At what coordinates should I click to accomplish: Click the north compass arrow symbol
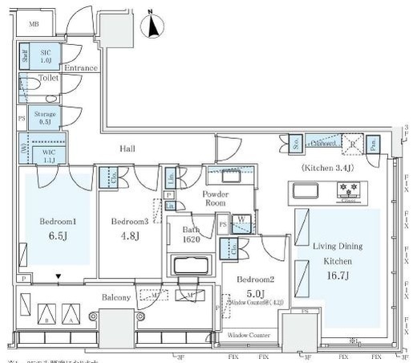[x=150, y=27]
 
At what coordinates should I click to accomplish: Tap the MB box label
[x=34, y=24]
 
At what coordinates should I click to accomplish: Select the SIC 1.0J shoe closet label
[x=46, y=57]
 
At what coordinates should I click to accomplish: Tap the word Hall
[x=128, y=149]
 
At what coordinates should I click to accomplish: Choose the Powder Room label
[x=215, y=198]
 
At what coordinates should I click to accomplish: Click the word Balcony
[x=117, y=298]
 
